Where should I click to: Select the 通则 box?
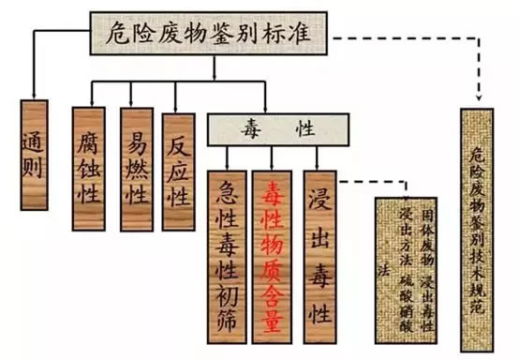click(x=33, y=151)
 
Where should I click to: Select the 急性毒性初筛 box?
click(x=228, y=250)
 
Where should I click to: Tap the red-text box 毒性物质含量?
click(x=273, y=250)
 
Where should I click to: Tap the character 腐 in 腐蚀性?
click(x=91, y=143)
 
